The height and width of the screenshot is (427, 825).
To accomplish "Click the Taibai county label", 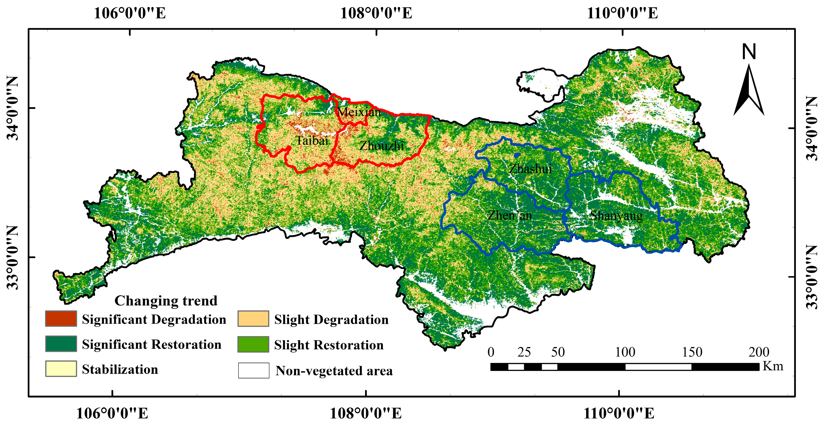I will [x=312, y=141].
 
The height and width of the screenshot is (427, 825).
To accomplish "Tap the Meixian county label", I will [x=359, y=112].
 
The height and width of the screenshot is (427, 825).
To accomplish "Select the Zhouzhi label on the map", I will [x=381, y=146].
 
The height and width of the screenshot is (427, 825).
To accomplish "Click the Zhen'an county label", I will [x=510, y=215].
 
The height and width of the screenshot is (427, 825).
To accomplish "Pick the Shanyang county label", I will [x=616, y=216].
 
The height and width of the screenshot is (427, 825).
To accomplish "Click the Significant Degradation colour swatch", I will [x=61, y=319].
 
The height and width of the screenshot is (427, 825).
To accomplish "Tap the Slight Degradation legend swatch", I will [x=253, y=319].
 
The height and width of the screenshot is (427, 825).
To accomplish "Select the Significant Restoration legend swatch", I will [x=61, y=344].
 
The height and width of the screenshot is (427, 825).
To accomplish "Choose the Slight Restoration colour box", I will [x=253, y=344].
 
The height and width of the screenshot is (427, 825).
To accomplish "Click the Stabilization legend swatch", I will [x=61, y=369].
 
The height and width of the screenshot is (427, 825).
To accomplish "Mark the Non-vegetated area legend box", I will [x=253, y=370].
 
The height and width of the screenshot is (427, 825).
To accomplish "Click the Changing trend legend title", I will [x=166, y=301].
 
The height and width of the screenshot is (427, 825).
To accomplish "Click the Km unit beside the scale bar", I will [x=773, y=366].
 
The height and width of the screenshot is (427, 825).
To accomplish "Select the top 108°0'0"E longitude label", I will [x=376, y=13].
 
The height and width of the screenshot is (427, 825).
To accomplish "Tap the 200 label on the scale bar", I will [x=759, y=352].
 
